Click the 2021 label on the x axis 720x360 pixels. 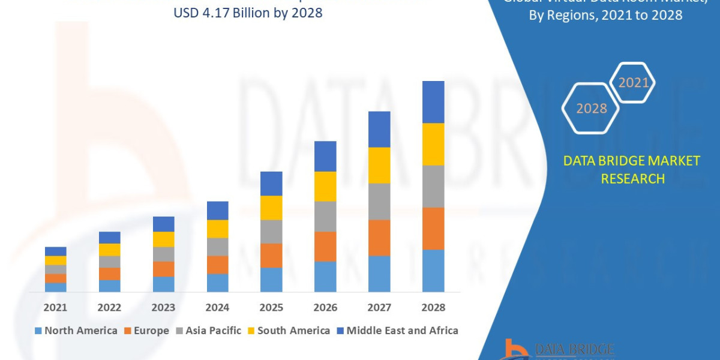tap(55, 307)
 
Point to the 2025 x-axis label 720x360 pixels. tap(271, 307)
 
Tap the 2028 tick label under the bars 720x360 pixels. tap(433, 307)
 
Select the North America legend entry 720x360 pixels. tap(76, 331)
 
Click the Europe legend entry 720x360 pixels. tap(146, 331)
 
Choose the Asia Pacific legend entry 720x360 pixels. tap(208, 331)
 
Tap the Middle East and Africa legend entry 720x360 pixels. tap(397, 331)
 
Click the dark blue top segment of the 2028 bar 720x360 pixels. tap(433, 102)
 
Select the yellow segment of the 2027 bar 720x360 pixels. tap(379, 165)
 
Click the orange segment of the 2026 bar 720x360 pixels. tap(325, 247)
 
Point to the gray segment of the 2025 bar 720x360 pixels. tap(271, 232)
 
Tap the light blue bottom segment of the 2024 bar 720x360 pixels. tap(217, 283)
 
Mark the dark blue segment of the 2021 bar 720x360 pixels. tap(55, 251)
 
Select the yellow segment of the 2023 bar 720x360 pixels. tap(163, 239)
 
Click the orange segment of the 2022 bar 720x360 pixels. tap(109, 274)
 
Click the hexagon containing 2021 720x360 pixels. tap(632, 83)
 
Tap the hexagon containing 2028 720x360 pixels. tap(591, 109)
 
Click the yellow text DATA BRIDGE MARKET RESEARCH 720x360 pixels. tap(632, 170)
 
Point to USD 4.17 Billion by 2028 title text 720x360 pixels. tap(247, 13)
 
